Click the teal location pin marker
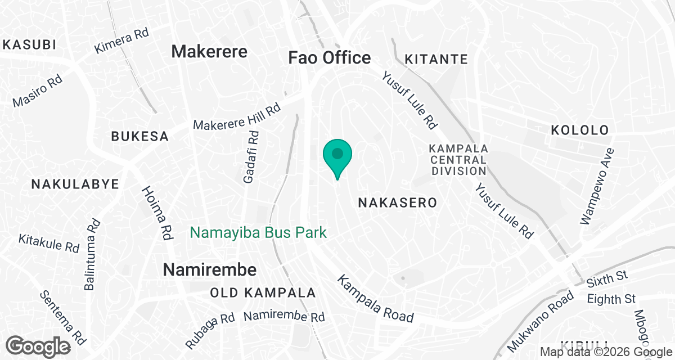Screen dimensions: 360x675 (337, 156)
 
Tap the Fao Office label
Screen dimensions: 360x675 (329, 57)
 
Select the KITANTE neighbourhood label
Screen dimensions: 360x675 (436, 59)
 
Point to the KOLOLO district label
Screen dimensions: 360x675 (580, 130)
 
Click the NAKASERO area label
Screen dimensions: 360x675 (397, 203)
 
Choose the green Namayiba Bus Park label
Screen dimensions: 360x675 (258, 232)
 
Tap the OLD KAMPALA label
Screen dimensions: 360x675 (263, 293)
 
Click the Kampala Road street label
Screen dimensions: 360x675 (375, 299)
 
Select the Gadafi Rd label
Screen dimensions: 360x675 (251, 157)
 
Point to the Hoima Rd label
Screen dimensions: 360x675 (156, 213)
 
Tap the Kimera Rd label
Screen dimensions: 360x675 (121, 41)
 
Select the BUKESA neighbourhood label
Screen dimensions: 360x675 (139, 136)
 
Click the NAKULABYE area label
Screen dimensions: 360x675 (75, 184)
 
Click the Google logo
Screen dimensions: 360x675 (39, 346)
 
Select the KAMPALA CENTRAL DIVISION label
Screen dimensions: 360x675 (457, 160)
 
